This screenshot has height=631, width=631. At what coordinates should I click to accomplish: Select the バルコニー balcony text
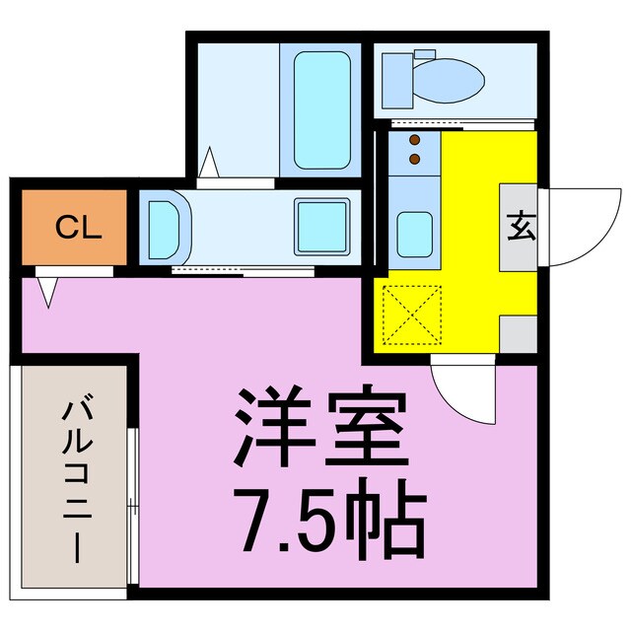tap(76, 480)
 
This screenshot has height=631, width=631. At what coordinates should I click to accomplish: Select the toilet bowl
tap(450, 75)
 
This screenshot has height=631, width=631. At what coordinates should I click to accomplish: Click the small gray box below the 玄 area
tap(518, 334)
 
